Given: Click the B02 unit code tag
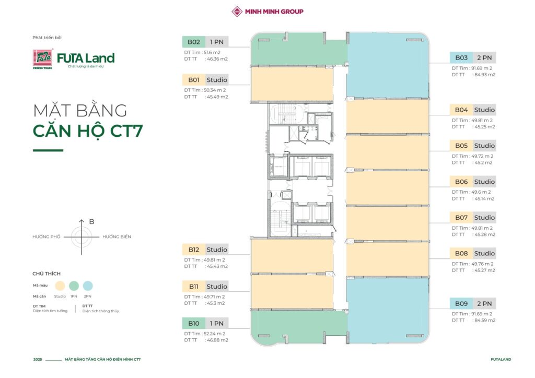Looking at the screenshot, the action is click(x=193, y=42).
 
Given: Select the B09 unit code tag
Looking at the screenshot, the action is click(x=461, y=303).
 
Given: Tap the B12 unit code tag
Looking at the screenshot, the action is click(x=193, y=250).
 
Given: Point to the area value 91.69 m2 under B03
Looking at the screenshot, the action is click(x=482, y=68).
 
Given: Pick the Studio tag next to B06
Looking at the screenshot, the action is click(x=484, y=182).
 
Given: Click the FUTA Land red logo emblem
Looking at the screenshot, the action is click(x=43, y=58).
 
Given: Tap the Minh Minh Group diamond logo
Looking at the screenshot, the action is click(x=237, y=11).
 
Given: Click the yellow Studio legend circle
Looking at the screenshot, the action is click(x=60, y=286).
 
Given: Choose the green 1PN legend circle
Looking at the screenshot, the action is click(x=74, y=286).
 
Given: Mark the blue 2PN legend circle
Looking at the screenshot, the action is click(x=88, y=286).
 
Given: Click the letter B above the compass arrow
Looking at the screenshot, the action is click(x=91, y=221).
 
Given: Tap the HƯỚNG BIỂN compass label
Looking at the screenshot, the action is click(x=117, y=237).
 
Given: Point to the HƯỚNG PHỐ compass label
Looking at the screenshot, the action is click(x=46, y=237).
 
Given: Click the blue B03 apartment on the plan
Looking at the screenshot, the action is click(x=388, y=65).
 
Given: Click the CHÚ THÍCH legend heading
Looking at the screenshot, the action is click(x=46, y=274).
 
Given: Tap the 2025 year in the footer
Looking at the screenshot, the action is click(x=38, y=359).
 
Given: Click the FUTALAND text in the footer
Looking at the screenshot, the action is click(x=501, y=359).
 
